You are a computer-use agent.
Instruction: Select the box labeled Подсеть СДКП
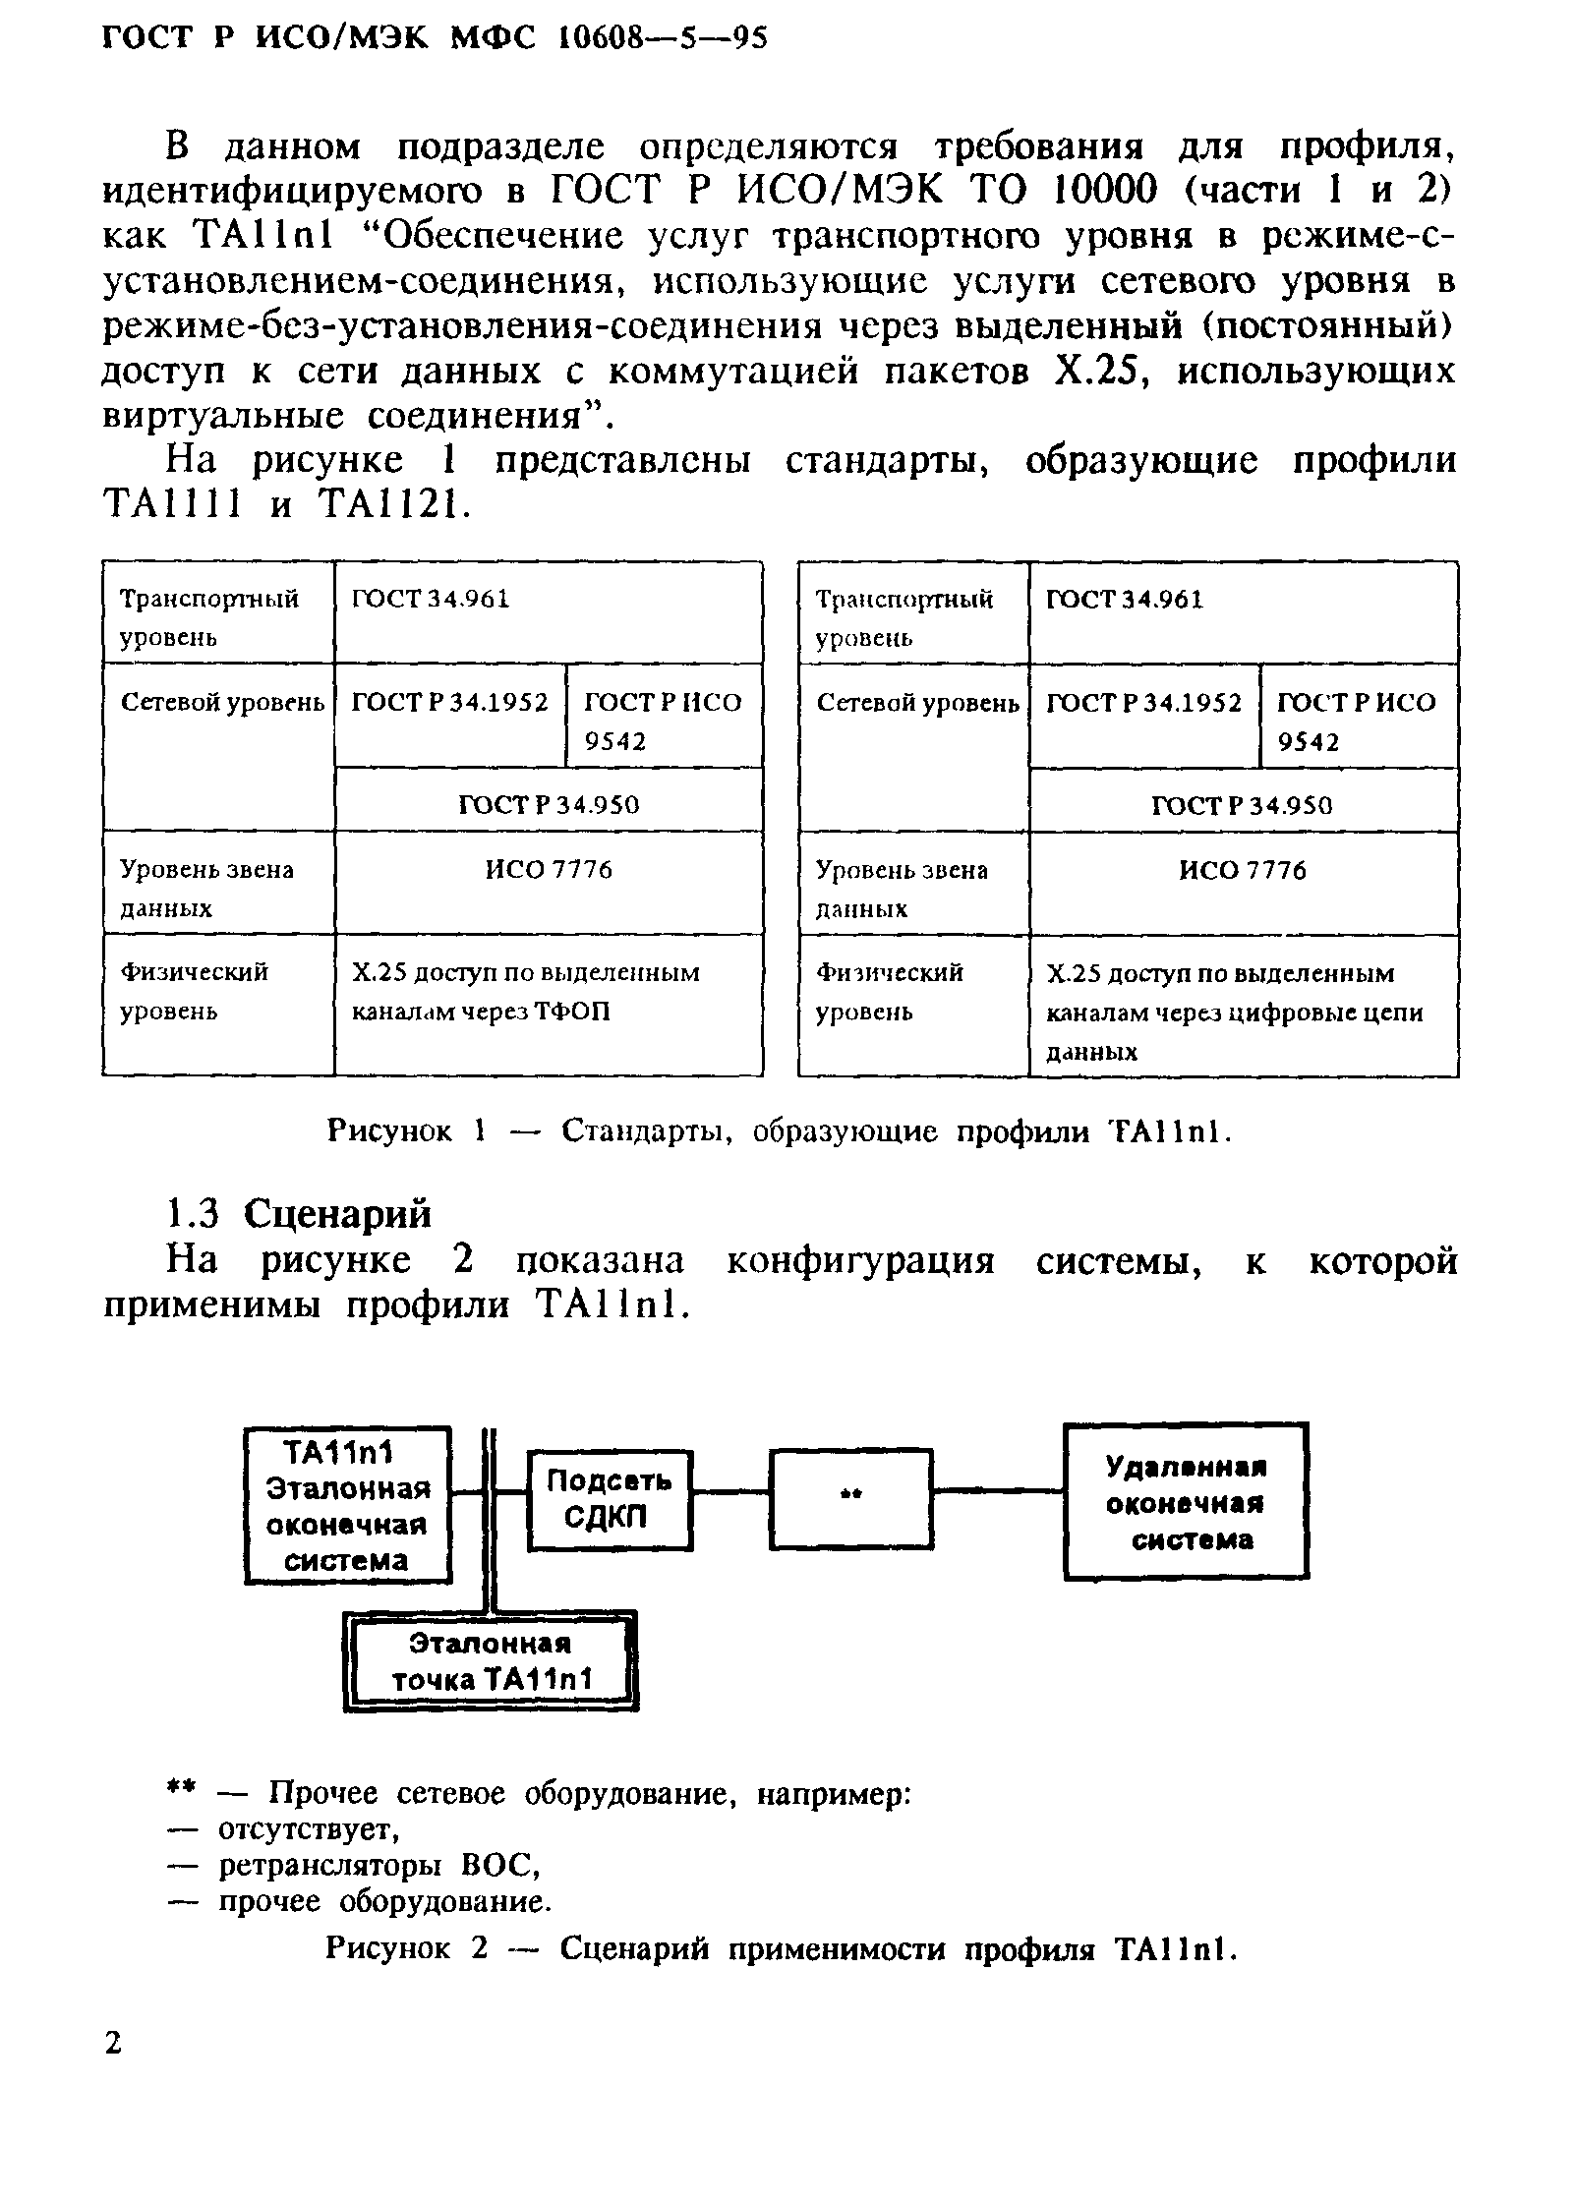(610, 1499)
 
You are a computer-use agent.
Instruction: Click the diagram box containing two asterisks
(850, 1497)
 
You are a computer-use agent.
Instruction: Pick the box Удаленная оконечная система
(1186, 1501)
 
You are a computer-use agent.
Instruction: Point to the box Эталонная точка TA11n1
(491, 1661)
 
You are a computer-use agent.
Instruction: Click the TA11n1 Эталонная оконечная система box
(347, 1504)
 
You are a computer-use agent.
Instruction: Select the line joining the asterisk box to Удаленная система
(998, 1490)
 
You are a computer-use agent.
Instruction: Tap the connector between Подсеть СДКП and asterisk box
(731, 1491)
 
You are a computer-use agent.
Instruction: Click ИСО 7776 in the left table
(549, 870)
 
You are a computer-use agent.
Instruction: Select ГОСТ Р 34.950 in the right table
(1243, 805)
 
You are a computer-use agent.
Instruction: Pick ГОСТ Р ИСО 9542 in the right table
(1358, 721)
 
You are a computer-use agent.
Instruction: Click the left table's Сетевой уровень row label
(220, 703)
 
